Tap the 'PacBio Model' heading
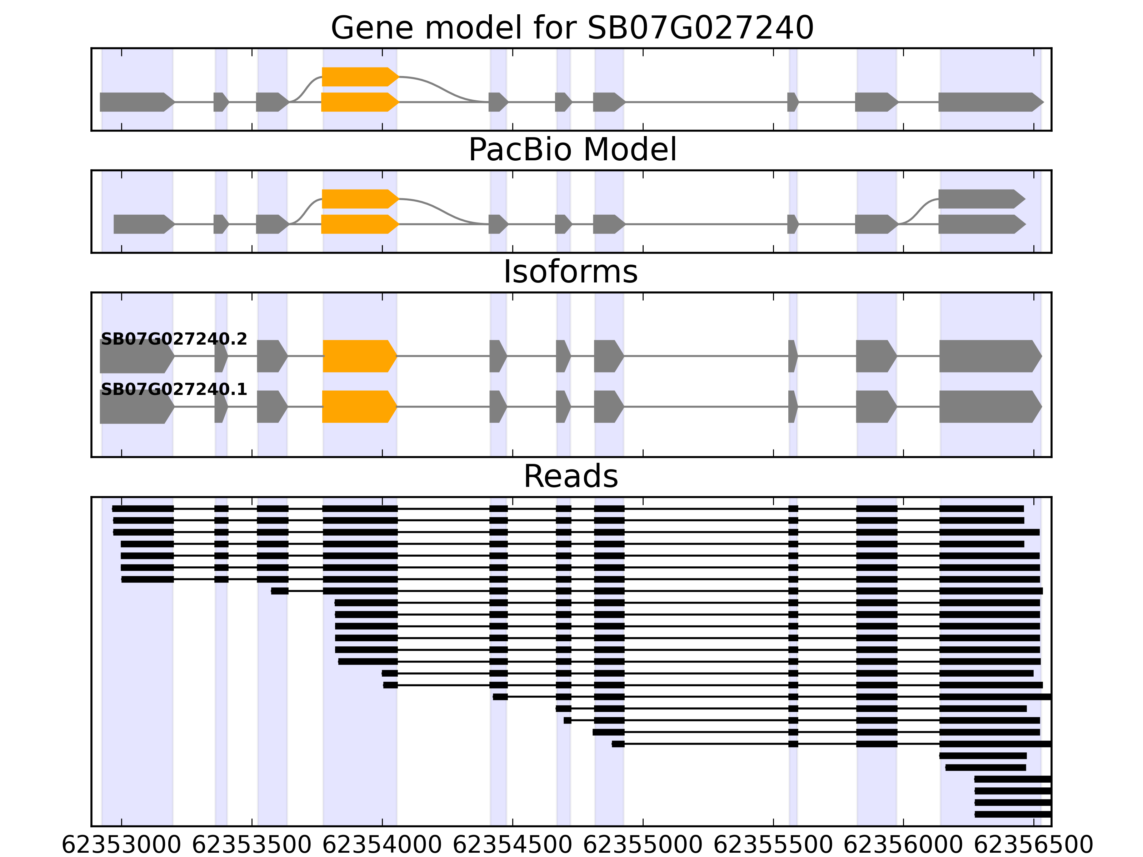[x=572, y=150]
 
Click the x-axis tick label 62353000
[x=121, y=846]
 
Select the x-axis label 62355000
[x=643, y=846]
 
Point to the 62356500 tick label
[x=1033, y=846]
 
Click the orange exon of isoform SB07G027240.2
[x=359, y=356]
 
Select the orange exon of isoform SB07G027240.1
[x=359, y=407]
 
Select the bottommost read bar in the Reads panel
[x=1013, y=815]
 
